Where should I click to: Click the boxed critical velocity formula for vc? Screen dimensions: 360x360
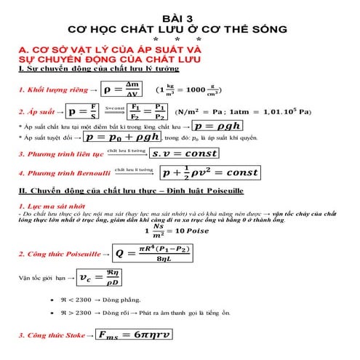[100, 278]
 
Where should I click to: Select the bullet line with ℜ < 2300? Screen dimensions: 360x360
[120, 300]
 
